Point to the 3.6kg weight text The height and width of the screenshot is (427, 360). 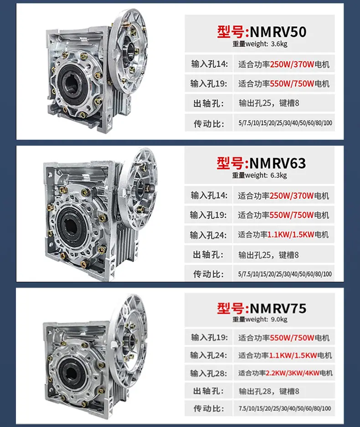pos(279,44)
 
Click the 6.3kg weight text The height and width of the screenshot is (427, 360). pos(278,175)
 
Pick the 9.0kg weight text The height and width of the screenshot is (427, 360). pos(279,319)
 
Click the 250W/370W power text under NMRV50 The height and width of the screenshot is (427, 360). pos(292,64)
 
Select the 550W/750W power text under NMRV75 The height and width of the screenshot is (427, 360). pos(292,338)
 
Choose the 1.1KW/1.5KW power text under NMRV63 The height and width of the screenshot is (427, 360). pos(291,234)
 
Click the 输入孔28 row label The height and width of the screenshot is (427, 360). pos(209,373)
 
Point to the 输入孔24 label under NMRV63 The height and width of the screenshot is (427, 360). pos(208,235)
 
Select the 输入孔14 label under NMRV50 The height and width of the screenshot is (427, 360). pos(209,64)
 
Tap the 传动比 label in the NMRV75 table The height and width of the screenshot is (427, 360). pos(209,408)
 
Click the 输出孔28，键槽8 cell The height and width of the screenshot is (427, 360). pos(269,391)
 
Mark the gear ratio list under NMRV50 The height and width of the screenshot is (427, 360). pos(285,123)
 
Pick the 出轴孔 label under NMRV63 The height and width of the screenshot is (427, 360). pos(208,254)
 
